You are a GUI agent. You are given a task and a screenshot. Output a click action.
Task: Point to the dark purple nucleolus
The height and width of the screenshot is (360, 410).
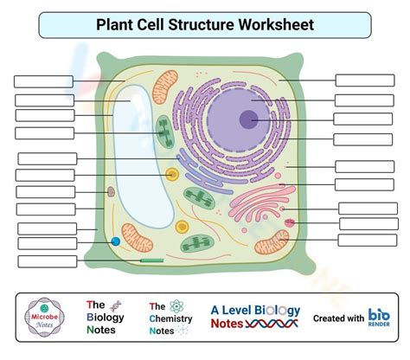tap(248, 119)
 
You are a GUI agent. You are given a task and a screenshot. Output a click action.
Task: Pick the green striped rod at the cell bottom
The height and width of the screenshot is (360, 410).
tap(152, 260)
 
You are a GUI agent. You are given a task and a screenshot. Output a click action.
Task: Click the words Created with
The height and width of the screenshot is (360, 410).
tap(338, 318)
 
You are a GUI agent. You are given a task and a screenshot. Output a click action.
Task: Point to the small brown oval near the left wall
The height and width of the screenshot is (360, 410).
tap(111, 191)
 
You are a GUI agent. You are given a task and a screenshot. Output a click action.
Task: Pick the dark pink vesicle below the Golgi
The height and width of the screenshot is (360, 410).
tap(290, 222)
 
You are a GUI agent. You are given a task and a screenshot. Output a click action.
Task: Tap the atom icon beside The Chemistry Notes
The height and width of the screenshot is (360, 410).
tap(176, 306)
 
